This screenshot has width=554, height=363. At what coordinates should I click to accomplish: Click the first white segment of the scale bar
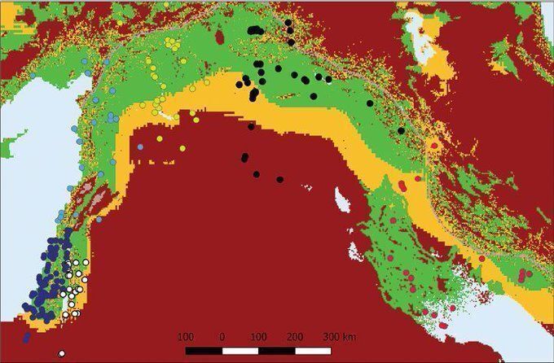240,351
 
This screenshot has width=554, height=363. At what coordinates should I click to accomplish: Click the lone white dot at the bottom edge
61,353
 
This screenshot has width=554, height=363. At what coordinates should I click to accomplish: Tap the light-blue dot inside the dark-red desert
140,147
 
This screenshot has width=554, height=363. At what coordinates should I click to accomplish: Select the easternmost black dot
401,131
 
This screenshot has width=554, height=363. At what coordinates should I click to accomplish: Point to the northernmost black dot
288,22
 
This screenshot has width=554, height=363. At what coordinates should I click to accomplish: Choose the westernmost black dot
240,83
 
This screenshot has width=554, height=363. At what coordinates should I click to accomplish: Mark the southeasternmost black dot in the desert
279,179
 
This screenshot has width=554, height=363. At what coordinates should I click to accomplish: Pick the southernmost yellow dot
197,120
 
